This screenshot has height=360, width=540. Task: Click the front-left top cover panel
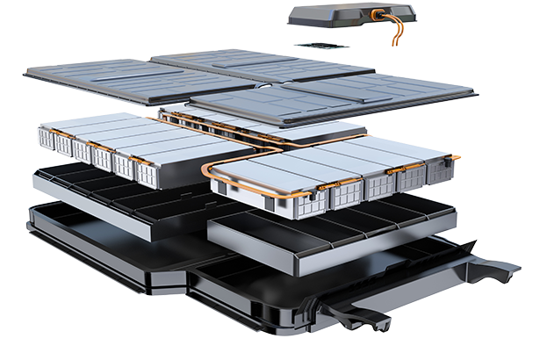point(132,80)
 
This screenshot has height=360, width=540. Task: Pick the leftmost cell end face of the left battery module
point(46,137)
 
